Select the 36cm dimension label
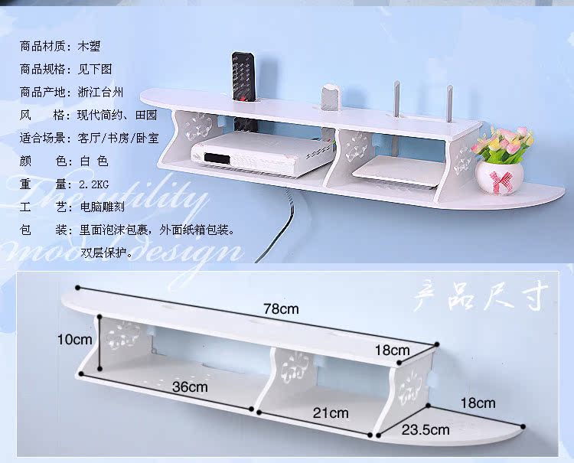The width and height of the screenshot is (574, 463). click(190, 386)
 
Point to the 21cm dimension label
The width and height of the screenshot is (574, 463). click(331, 412)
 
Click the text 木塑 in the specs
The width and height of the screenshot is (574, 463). click(90, 46)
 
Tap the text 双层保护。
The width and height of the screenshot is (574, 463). click(106, 250)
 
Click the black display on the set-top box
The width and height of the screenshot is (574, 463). click(216, 158)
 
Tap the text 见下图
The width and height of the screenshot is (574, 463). click(96, 69)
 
